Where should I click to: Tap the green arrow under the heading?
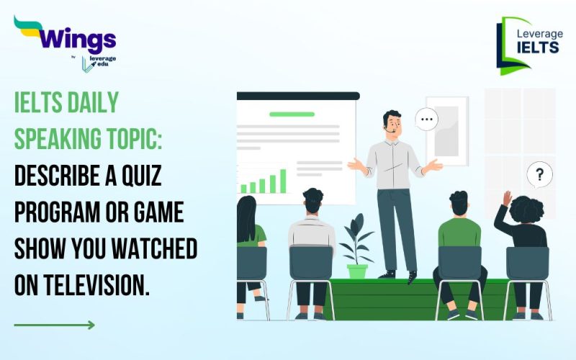55,325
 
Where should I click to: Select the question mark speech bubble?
539,174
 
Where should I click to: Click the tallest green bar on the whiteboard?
283,181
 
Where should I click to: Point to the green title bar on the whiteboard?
292,114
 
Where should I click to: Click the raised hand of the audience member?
508,197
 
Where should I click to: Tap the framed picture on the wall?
446,130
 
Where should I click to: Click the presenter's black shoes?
399,274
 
